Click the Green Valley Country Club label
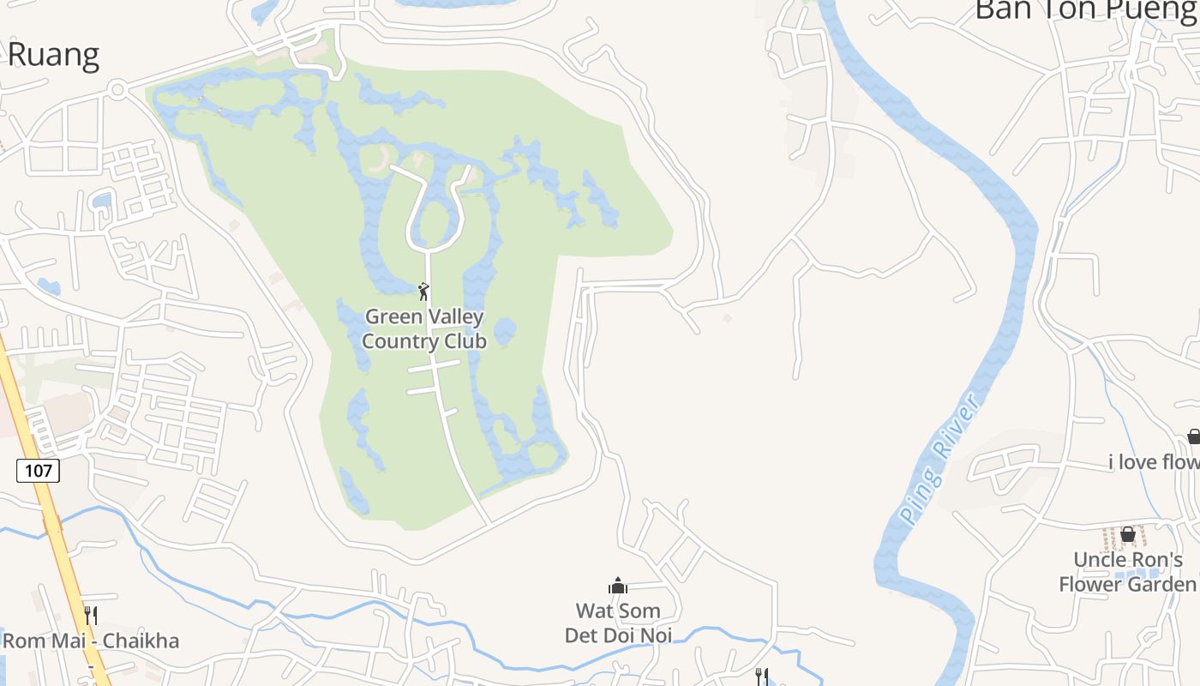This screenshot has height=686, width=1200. [423, 329]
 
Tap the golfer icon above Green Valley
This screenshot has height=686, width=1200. [423, 292]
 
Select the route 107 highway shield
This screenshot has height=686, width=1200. [38, 470]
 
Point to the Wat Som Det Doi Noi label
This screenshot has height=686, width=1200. [618, 623]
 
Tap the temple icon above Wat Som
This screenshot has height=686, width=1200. [618, 587]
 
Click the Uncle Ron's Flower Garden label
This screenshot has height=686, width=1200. [1127, 572]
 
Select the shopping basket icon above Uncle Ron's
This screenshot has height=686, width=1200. [1128, 534]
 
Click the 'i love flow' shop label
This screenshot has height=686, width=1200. [1154, 462]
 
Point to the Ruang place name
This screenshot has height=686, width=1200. [53, 55]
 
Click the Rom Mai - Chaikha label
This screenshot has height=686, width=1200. [91, 641]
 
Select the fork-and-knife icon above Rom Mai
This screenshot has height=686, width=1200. [91, 615]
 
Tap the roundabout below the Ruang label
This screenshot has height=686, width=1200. [118, 88]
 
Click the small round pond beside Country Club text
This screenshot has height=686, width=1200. [505, 330]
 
